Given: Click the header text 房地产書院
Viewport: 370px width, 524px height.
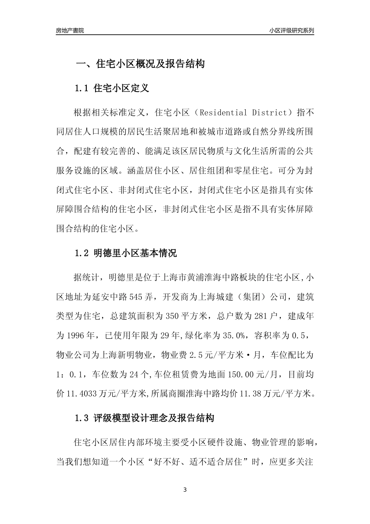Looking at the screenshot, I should tap(70, 30).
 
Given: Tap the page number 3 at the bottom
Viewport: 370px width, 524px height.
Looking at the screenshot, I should tap(185, 490).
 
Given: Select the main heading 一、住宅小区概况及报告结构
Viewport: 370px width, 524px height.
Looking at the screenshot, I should tap(140, 64).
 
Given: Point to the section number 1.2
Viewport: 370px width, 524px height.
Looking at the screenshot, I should tap(82, 253).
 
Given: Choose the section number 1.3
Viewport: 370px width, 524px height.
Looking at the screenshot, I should tap(82, 418).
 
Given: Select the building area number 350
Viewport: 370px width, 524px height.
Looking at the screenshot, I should tap(172, 317).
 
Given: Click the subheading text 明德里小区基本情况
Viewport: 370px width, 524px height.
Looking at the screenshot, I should tap(135, 253).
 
